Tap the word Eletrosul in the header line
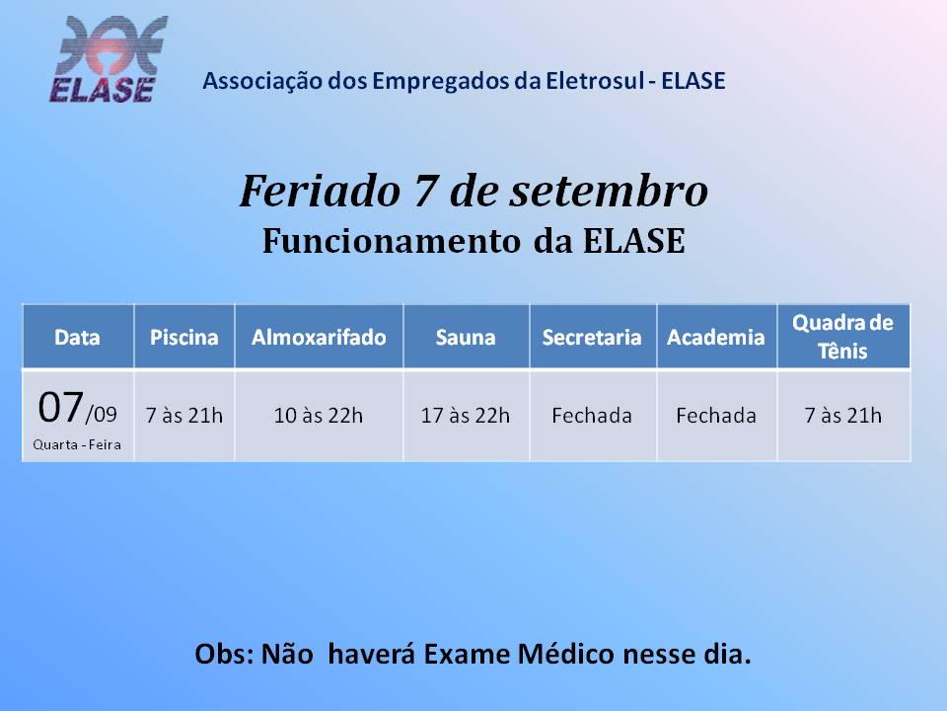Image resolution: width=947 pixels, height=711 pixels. pos(595,81)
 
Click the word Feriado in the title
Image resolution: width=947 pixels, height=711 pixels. pos(320,191)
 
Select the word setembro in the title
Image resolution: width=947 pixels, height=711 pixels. pos(609,191)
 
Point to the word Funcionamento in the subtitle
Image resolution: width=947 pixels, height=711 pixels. pos(392,241)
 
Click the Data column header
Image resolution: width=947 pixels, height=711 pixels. pos(77,338)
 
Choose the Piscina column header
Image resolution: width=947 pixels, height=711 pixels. pos(184,338)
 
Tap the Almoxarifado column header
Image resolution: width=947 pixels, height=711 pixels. pos(319,338)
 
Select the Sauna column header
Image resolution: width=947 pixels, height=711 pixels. pos(466,338)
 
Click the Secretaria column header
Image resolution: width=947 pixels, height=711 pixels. pos(592,338)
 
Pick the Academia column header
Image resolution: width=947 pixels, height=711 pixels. pos(716,338)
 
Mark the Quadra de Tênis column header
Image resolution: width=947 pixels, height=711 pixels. pos(842,337)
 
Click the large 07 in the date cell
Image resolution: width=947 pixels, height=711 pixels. pos(60,408)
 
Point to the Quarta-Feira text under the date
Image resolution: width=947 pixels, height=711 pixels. pos(77,445)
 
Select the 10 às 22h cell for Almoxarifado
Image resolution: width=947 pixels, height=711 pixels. pos(319,416)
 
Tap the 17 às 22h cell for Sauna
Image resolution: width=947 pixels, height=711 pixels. pos(465,416)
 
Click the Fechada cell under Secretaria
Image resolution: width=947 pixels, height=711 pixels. pos(592,416)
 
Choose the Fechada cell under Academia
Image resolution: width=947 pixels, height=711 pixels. pos(716,416)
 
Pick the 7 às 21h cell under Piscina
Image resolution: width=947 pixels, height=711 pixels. pos(184,416)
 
